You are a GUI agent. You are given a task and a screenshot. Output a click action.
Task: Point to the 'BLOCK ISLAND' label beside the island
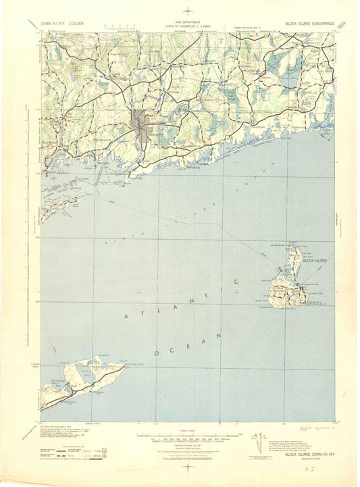click(x=315, y=261)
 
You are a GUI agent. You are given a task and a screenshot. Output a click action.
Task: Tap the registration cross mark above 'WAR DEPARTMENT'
click(x=180, y=8)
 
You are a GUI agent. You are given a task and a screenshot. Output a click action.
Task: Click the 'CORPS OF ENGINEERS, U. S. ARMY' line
click(x=180, y=24)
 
